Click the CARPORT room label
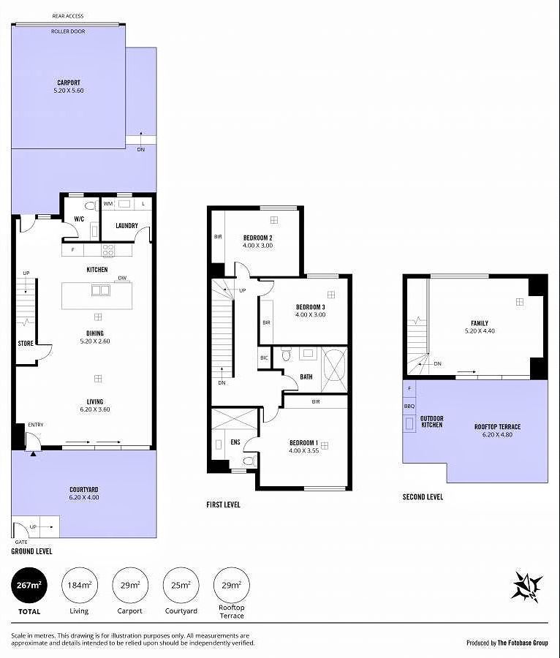[x=69, y=83]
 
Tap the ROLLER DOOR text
[x=68, y=31]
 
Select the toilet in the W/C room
[x=90, y=205]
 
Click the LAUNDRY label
[x=126, y=225]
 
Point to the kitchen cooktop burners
[x=107, y=250]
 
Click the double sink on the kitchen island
[x=101, y=290]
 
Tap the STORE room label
[x=25, y=344]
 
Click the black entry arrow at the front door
[x=33, y=453]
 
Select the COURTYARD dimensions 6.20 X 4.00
[x=84, y=497]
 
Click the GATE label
[x=21, y=542]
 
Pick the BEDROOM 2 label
[x=258, y=238]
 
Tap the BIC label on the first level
[x=264, y=358]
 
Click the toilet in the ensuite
[x=249, y=461]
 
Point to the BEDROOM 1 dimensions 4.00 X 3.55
[x=303, y=450]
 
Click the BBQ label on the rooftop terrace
[x=409, y=406]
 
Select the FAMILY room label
[x=480, y=323]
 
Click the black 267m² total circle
[x=29, y=585]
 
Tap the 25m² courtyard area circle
[x=181, y=585]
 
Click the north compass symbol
[x=527, y=586]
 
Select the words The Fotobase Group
[x=523, y=643]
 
